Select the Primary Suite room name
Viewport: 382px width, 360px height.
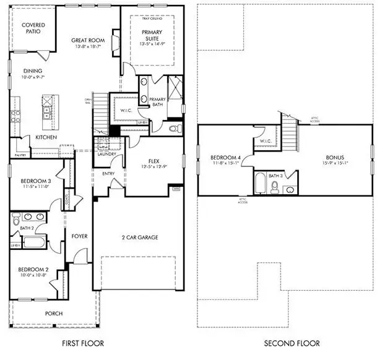click(x=152, y=35)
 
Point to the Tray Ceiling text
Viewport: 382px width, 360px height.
click(x=152, y=19)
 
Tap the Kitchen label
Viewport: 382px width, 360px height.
click(x=46, y=137)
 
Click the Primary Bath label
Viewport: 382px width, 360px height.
click(x=158, y=102)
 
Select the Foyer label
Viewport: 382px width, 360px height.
click(x=79, y=236)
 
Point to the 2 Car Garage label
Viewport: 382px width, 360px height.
click(x=140, y=237)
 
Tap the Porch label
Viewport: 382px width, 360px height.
click(x=54, y=314)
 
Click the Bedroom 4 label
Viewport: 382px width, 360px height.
click(x=225, y=158)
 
